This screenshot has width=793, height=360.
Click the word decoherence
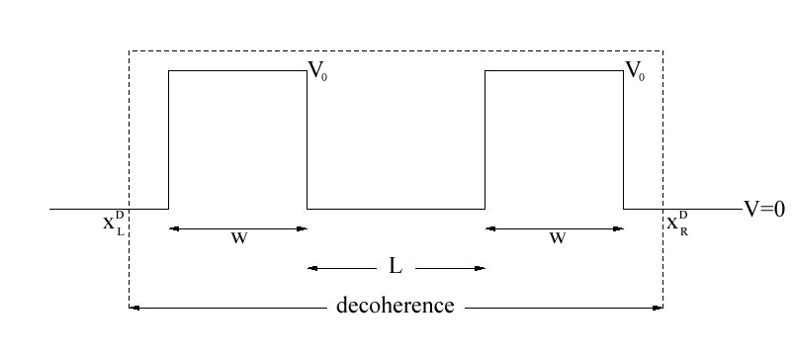click(396, 306)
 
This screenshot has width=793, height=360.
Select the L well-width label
click(396, 267)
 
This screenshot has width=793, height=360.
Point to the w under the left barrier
click(238, 238)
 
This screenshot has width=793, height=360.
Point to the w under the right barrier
click(557, 238)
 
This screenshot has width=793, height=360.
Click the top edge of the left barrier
click(237, 70)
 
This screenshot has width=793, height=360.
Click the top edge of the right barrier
click(554, 70)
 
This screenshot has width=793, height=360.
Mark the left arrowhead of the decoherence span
click(134, 307)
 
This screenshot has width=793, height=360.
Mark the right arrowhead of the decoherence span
click(658, 307)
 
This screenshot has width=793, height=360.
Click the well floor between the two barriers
click(396, 209)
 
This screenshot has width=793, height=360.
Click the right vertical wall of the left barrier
click(307, 138)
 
